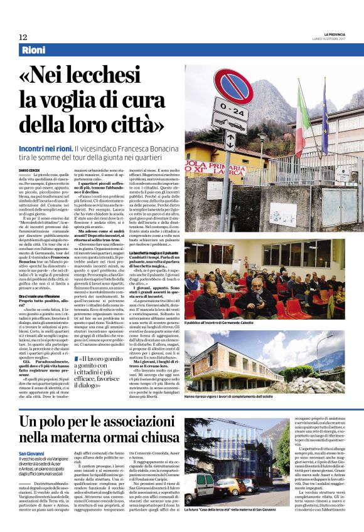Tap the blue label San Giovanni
tap(31, 453)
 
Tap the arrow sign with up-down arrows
tap(230, 140)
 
